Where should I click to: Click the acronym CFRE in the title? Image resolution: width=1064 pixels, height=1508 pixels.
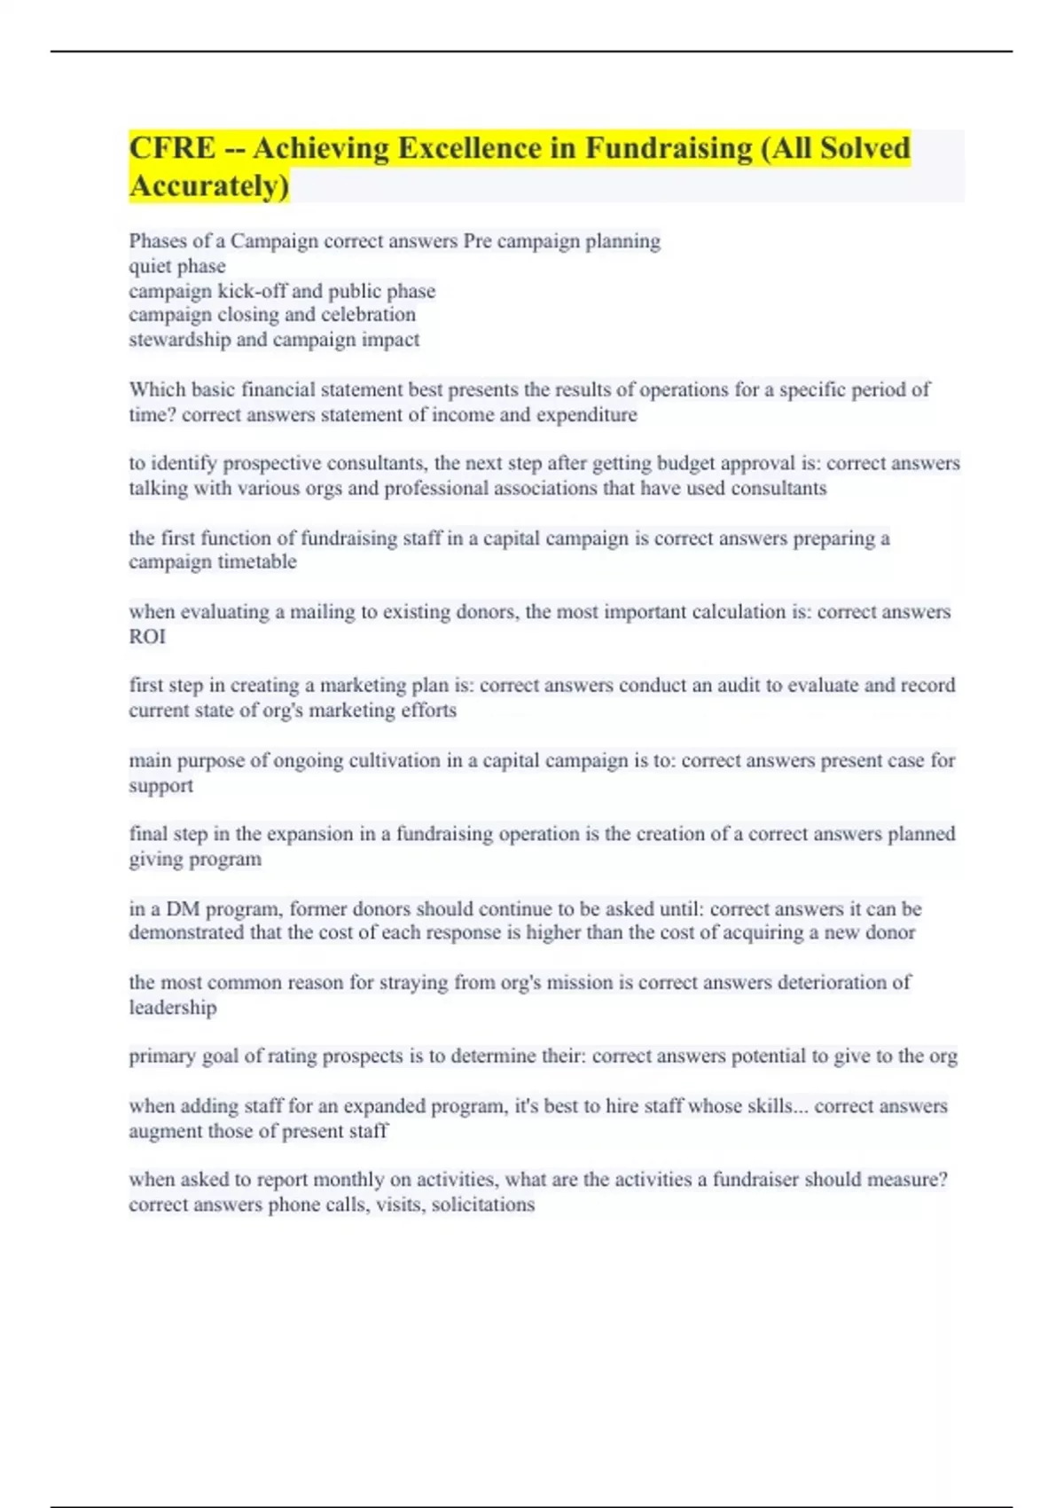[x=172, y=148]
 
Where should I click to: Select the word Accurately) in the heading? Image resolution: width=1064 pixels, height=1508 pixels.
[x=209, y=186]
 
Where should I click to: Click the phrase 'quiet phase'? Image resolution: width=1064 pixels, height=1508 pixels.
[x=177, y=266]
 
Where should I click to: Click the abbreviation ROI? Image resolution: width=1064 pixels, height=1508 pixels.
[x=147, y=637]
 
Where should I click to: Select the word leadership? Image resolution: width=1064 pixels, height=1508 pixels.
[x=173, y=1008]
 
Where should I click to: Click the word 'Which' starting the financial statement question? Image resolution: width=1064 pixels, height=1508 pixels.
[x=157, y=389]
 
